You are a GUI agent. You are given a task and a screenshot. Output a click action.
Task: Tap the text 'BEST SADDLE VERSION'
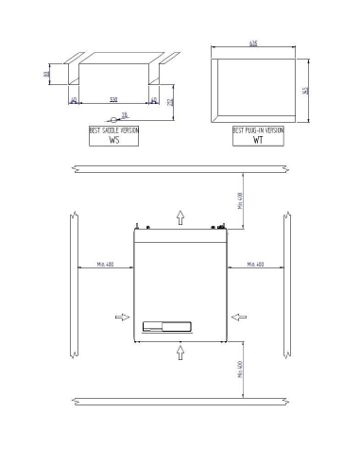[114, 129]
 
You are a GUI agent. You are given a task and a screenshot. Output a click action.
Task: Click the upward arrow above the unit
[180, 216]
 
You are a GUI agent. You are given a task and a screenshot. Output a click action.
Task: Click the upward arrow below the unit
[180, 353]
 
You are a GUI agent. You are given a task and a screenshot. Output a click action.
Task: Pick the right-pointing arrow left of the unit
[121, 319]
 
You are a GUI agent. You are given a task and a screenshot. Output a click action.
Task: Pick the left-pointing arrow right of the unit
[237, 319]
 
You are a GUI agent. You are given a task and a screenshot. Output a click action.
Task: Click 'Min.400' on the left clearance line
[104, 265]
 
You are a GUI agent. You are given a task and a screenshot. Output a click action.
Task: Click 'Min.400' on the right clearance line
[255, 265]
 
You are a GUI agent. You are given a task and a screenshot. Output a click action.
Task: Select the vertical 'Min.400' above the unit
[240, 200]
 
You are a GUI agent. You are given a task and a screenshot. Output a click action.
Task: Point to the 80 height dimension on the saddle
[46, 73]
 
